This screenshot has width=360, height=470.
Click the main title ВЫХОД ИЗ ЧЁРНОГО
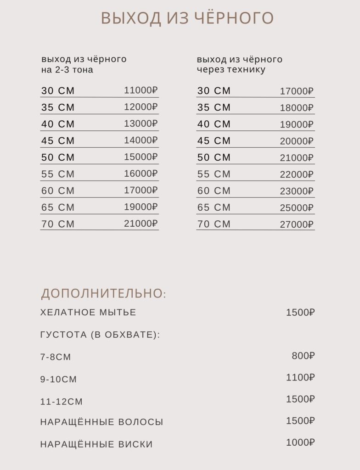pos(187,18)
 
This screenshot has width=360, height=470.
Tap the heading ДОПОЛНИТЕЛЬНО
pos(103,293)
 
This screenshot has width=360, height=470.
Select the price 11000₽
pos(141,90)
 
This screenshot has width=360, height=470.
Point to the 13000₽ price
pos(141,123)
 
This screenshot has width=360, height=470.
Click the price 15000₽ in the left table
pos(141,157)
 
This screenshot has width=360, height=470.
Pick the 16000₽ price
pos(141,173)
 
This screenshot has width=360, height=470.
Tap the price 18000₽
pos(297,108)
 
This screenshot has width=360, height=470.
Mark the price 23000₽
pos(297,191)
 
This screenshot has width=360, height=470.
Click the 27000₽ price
pos(297,224)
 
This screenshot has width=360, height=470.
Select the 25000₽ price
pos(297,207)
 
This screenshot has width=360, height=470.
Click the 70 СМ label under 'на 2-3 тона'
pos(58,224)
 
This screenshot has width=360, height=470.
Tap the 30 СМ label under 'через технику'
pos(214,91)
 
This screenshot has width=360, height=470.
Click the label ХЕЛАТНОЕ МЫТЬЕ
pos(88,313)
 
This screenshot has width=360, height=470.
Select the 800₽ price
pos(304,356)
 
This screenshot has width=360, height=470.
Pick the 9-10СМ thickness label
pos(59,380)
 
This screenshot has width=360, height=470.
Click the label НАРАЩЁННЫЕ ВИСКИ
pos(96,444)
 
